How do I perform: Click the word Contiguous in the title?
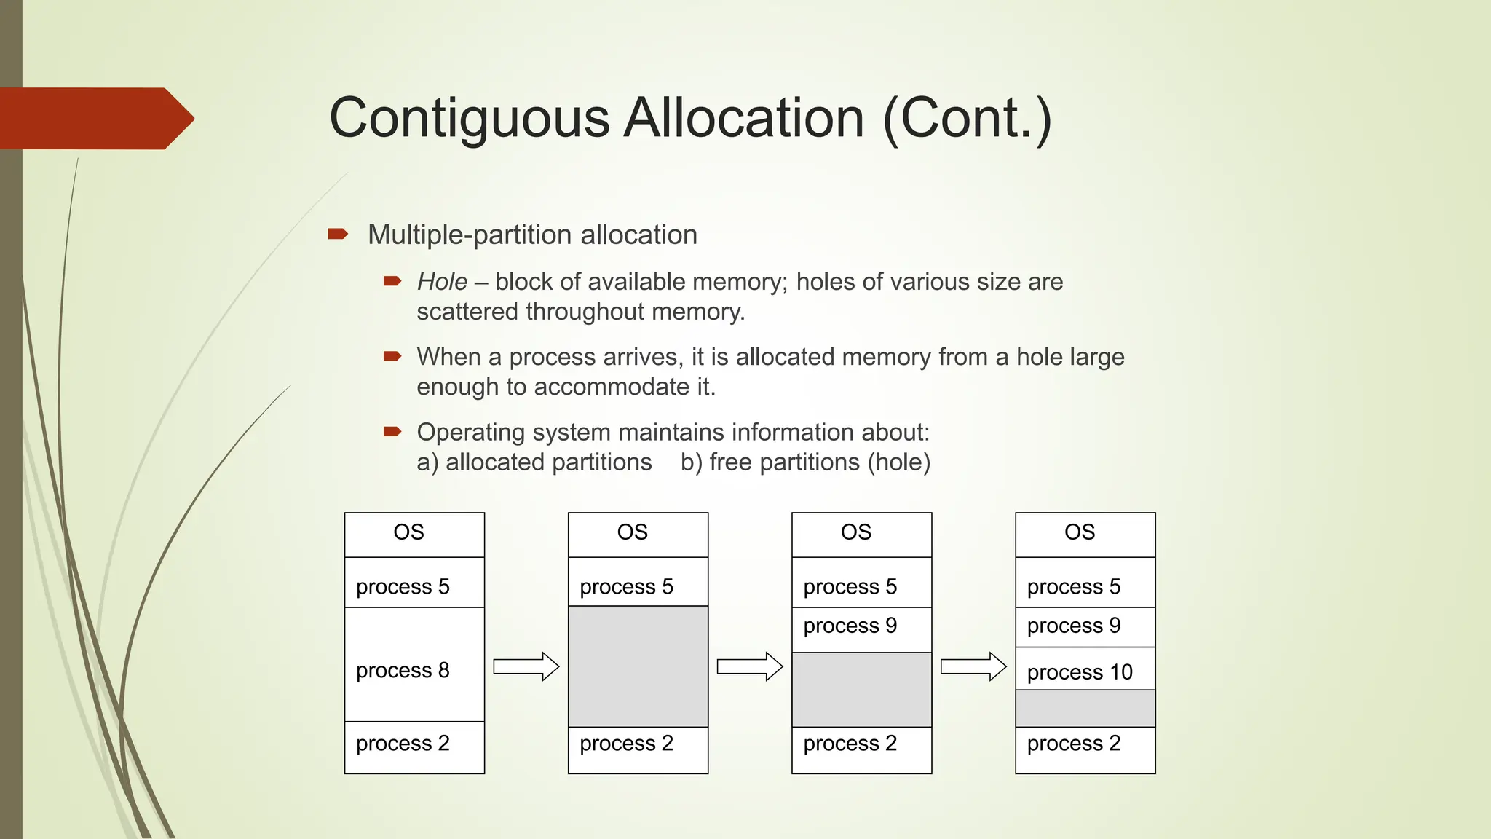coord(469,119)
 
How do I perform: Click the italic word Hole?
coord(442,282)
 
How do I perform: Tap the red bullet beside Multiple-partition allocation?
coord(338,234)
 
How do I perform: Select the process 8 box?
coord(414,664)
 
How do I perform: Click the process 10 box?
coord(1085,669)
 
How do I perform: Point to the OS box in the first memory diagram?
coord(414,535)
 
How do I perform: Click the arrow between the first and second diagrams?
coord(526,666)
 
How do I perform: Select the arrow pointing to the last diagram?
coord(973,666)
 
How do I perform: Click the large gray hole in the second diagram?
coord(638,666)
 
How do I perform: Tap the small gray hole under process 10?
coord(1085,708)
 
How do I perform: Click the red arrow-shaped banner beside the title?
coord(95,119)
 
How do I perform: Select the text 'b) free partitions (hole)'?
coord(805,462)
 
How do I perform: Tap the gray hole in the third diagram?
coord(861,690)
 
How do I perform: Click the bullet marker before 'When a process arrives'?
coord(392,356)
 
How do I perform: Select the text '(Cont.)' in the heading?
coord(967,119)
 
